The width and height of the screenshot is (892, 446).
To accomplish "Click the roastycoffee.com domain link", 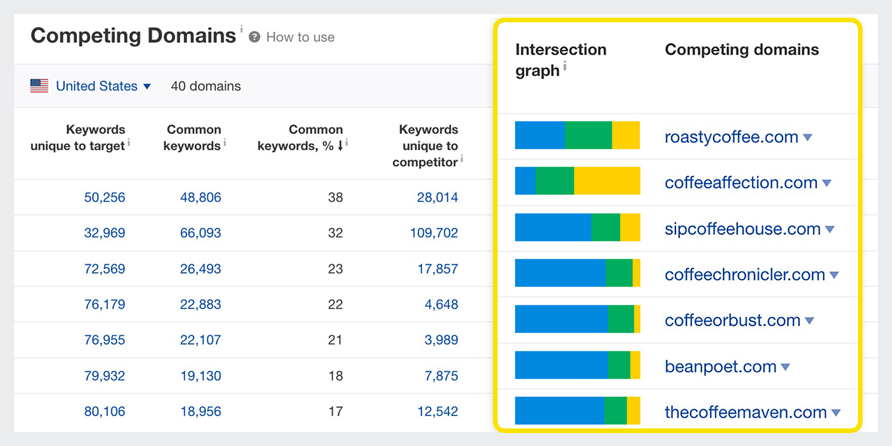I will pos(731,137).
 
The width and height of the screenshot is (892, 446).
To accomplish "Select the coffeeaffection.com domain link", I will pos(741,183).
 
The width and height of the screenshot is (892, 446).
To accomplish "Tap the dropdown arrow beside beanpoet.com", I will pos(785,367).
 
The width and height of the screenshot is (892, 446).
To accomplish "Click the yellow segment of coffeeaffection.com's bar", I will pos(607,181).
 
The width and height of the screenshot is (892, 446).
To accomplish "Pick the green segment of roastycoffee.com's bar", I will pos(588,135).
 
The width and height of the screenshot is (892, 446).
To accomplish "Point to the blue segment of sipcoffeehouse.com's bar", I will pos(553,227).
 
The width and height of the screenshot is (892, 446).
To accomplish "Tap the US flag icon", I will pos(39,86).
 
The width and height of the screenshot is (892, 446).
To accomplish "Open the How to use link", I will pos(300,38).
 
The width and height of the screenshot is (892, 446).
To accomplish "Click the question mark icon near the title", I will pos(254,38).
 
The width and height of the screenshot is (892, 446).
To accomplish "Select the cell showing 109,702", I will pos(434,233).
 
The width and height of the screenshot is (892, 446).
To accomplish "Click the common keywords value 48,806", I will pos(201,197).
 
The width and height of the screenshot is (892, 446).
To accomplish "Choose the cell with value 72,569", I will pos(104,269).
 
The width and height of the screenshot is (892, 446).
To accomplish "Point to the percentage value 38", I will pos(335,197).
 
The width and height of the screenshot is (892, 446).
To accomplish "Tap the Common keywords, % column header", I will pos(300,137).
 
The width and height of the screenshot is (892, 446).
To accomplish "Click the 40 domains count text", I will pos(205,86).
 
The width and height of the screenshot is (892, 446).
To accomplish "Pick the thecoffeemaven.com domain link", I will pos(745,412).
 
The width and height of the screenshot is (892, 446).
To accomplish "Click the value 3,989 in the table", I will pos(441,340).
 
